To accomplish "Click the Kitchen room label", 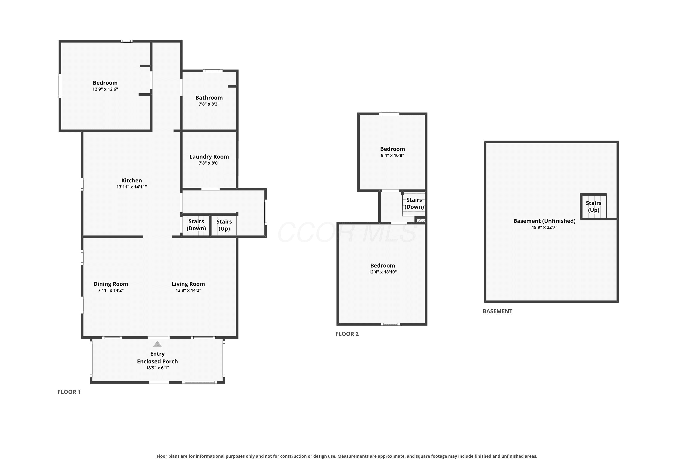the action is pos(132,180).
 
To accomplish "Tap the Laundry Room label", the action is pos(209,157).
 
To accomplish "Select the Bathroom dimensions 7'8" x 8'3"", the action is pos(209,104).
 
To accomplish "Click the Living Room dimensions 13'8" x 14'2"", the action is pos(188,290).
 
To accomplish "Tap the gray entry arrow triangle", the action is pos(157,344).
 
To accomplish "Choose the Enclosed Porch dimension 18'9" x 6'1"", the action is pos(157,368).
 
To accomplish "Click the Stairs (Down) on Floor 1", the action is pos(196,225).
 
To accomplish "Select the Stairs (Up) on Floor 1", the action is pos(224,225).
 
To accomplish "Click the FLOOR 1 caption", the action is pos(69,392).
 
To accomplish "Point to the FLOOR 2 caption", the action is pos(347,334).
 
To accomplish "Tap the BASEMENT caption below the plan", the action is pos(498,311).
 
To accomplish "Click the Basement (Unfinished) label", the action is pos(544,221).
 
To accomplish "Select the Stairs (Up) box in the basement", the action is pos(593,206).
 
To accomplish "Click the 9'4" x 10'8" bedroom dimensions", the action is pos(392,155).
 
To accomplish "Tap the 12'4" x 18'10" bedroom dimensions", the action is pos(383,272).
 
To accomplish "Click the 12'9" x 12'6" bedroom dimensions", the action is pos(105,89).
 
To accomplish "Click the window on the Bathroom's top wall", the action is pos(212,71).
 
